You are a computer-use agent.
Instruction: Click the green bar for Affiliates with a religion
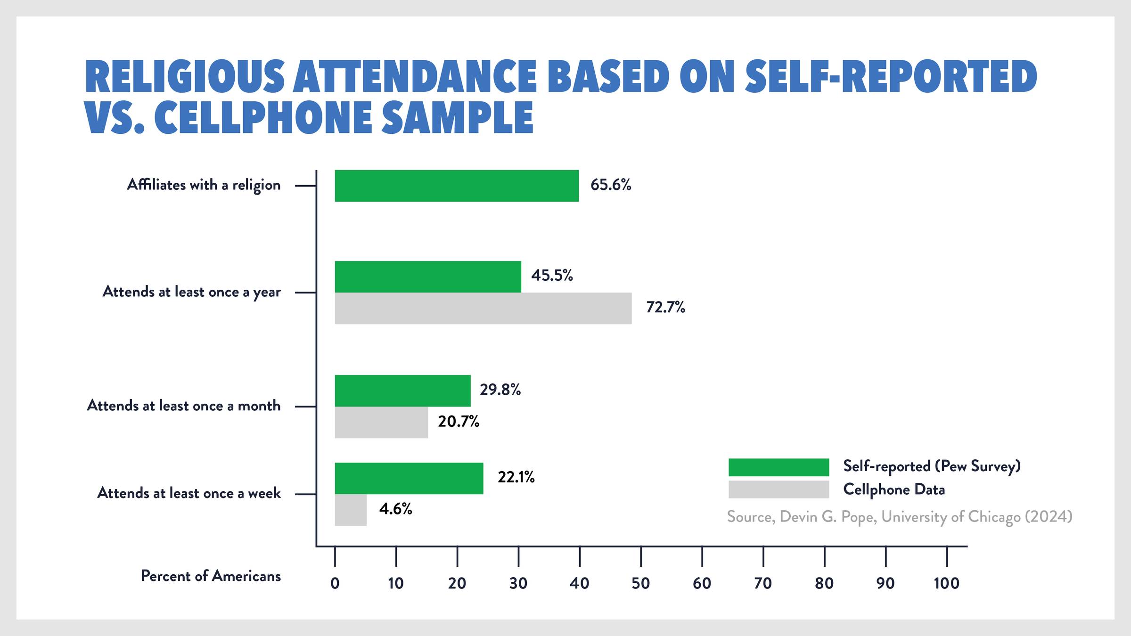456,186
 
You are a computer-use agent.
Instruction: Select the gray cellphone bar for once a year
483,309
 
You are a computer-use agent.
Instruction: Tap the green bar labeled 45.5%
427,277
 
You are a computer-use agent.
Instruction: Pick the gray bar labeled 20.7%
381,423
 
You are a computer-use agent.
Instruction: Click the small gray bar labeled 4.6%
350,510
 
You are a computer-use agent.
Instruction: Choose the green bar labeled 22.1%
409,478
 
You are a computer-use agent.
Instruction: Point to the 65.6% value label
610,185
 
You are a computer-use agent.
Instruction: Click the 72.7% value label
665,307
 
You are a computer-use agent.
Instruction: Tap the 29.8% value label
500,390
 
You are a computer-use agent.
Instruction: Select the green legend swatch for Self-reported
778,467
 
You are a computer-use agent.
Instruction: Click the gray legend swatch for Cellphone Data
778,489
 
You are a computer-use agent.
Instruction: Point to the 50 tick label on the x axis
640,583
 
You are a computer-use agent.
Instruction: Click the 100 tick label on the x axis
946,583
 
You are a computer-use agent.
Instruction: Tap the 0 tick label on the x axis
335,583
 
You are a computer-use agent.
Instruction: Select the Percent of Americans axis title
211,576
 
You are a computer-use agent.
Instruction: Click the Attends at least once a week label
188,493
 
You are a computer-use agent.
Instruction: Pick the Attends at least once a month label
183,406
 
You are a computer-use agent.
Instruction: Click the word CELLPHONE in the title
263,118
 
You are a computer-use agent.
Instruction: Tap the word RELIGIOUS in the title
185,76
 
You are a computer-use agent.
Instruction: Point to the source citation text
899,517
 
